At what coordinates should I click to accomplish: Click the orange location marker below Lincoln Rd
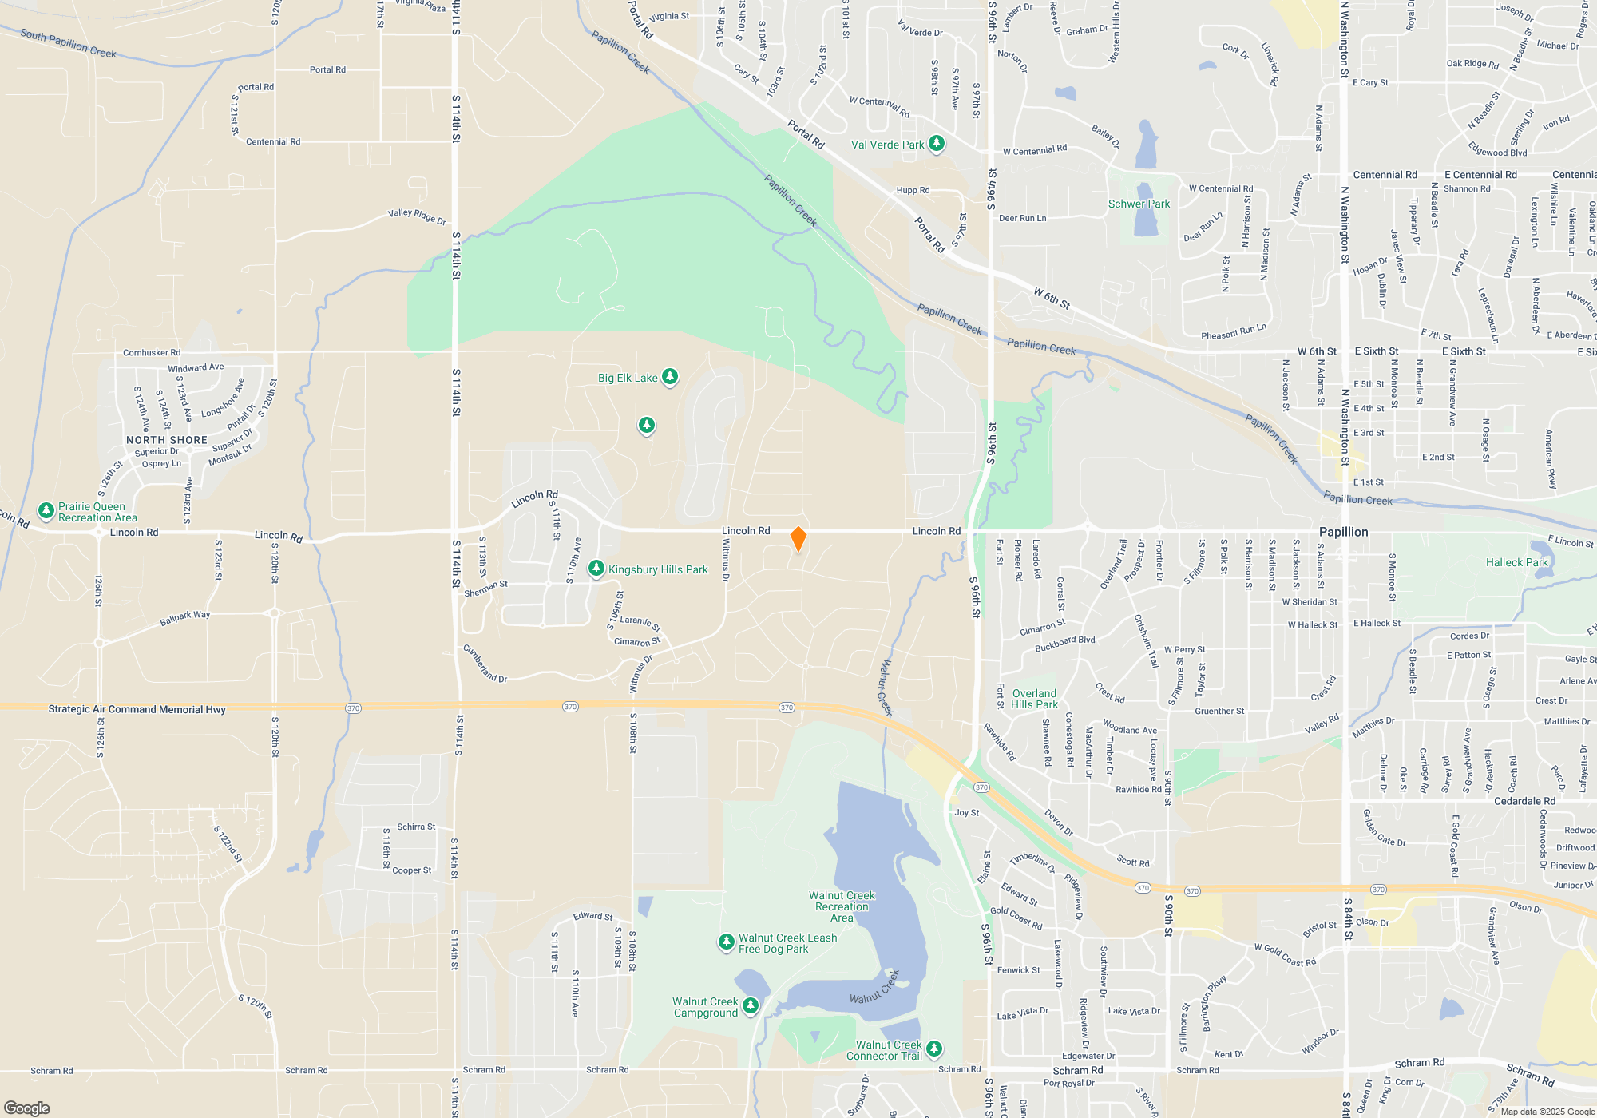click(x=798, y=539)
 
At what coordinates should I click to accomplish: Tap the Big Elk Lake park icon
click(x=670, y=377)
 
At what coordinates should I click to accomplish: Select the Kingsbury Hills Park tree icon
click(x=596, y=569)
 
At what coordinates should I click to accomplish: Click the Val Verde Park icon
click(x=937, y=144)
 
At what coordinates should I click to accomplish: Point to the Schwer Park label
click(x=1139, y=204)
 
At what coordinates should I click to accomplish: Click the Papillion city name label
click(x=1343, y=532)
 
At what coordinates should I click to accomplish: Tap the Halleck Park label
click(x=1516, y=562)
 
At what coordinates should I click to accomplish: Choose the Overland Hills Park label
click(x=1034, y=699)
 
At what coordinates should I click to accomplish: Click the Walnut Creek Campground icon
click(x=750, y=1005)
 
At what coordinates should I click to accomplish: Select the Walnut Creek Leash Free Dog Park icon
click(x=726, y=942)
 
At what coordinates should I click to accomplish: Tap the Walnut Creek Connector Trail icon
click(x=933, y=1049)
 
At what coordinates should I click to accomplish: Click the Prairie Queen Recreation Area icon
click(x=46, y=510)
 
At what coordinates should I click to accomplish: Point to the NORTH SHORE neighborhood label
click(x=167, y=440)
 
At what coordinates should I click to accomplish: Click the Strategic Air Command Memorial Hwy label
click(x=137, y=709)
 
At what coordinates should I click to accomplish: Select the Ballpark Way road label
click(x=184, y=618)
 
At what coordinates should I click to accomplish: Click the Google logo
click(x=27, y=1108)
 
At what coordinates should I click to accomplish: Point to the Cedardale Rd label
click(x=1524, y=801)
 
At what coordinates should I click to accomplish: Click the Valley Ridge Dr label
click(x=417, y=216)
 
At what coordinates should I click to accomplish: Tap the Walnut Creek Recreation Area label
click(x=842, y=906)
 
